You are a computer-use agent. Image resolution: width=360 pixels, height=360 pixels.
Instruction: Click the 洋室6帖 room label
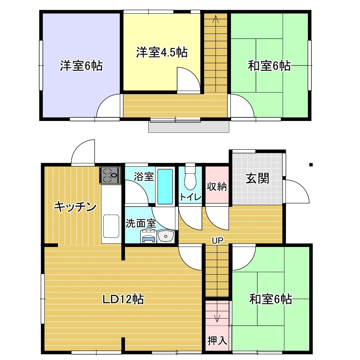point(81,66)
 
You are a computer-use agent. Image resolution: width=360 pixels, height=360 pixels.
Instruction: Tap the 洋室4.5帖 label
point(162,52)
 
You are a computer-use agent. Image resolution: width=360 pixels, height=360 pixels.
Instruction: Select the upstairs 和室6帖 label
point(269,66)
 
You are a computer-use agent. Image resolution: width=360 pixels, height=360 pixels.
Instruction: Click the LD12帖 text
point(123,300)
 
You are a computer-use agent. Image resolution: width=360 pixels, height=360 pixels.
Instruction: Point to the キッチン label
point(75,207)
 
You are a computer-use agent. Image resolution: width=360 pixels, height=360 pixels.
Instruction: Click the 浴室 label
point(144,176)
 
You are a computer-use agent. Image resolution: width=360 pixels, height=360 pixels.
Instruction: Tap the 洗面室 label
point(141,224)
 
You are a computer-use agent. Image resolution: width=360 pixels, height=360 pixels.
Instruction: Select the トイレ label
point(191,197)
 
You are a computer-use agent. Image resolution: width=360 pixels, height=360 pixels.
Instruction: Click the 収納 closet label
point(217,186)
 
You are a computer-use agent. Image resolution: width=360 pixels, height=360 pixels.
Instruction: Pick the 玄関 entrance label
point(257,179)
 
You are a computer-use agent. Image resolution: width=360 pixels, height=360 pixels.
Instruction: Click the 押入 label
point(217,340)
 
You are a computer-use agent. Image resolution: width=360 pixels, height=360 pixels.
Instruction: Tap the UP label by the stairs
point(217,240)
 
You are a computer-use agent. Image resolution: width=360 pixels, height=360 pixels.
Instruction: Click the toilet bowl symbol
point(190,177)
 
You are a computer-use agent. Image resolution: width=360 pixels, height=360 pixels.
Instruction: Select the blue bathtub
point(165,186)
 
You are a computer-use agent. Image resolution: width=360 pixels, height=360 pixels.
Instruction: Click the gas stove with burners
point(110,175)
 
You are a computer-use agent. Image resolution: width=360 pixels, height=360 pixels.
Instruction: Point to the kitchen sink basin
point(111,226)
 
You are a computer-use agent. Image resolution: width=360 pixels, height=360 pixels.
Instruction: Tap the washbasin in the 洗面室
point(166,236)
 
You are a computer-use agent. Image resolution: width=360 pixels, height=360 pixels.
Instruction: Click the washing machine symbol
point(149,236)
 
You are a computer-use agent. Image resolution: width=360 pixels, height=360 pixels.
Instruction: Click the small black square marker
point(311,165)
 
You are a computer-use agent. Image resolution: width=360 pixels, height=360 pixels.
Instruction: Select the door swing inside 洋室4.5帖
point(189,79)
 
